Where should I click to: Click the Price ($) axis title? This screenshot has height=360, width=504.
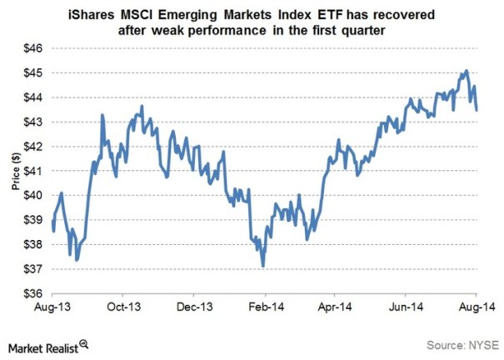pyautogui.click(x=16, y=170)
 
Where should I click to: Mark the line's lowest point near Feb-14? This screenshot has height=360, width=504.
pyautogui.click(x=263, y=267)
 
